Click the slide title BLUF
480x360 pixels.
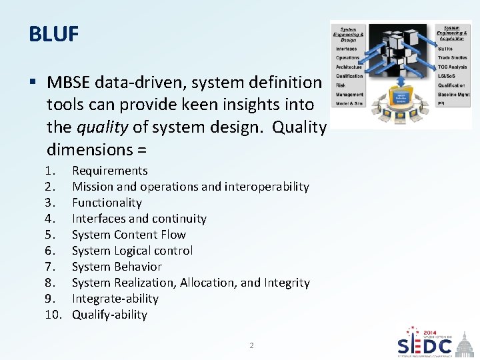pyautogui.click(x=54, y=33)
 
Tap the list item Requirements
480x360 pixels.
pyautogui.click(x=109, y=171)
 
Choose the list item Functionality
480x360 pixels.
pyautogui.click(x=107, y=203)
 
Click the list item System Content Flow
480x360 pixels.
pyautogui.click(x=129, y=235)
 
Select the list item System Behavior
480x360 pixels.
pyautogui.click(x=117, y=267)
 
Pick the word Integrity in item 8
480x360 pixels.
pyautogui.click(x=287, y=283)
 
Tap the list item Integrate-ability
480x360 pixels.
pyautogui.click(x=115, y=299)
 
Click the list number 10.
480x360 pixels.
pyautogui.click(x=53, y=315)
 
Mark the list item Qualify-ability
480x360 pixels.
pyautogui.click(x=109, y=315)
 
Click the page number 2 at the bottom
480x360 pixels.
pyautogui.click(x=251, y=345)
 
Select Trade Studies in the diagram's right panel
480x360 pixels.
pyautogui.click(x=452, y=58)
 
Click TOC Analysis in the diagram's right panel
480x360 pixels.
pyautogui.click(x=452, y=67)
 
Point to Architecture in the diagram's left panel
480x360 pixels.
pyautogui.click(x=349, y=67)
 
